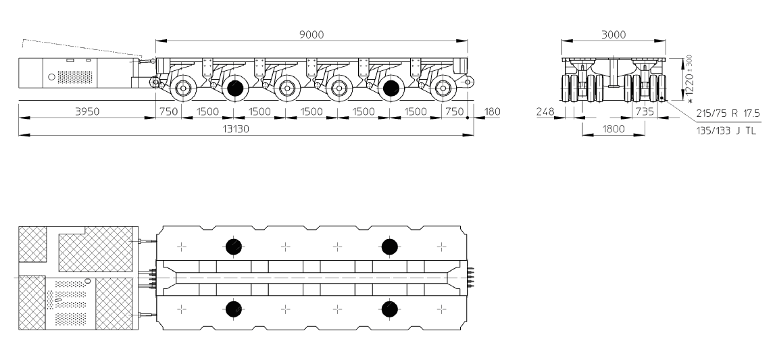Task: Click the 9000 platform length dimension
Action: coord(311,34)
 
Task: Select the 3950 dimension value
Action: coord(87,111)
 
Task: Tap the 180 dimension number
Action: coord(492,111)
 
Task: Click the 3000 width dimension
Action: coord(614,34)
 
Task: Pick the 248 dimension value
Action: coord(545,112)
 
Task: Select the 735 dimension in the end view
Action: coord(645,112)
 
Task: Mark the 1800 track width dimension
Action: coord(614,129)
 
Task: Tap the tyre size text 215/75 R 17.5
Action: coord(728,113)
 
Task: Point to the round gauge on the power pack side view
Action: coord(52,77)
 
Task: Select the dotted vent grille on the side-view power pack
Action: coord(75,77)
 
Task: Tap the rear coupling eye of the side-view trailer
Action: coord(468,81)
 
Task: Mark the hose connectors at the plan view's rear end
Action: coord(470,278)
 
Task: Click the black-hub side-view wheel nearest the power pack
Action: coord(235,88)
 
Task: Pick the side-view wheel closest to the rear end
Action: coord(443,88)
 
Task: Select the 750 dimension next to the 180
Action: coord(454,111)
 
